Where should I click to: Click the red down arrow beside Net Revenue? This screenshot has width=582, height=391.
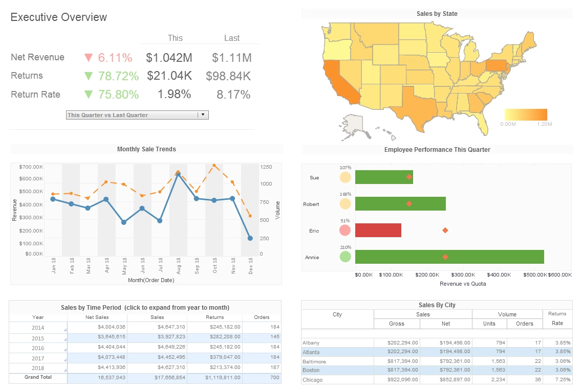(x=88, y=57)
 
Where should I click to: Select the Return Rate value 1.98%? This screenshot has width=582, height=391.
(x=174, y=94)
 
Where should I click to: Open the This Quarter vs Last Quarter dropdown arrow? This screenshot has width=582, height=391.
(x=203, y=115)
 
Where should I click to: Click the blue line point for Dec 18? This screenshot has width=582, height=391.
(x=250, y=238)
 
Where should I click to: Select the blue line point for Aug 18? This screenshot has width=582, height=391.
(x=178, y=175)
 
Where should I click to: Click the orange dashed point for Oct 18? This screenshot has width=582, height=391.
(x=214, y=166)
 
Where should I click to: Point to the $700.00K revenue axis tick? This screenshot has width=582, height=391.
(x=31, y=167)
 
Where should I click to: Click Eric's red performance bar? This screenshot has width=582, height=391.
(x=378, y=230)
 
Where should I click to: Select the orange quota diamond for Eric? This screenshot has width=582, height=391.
(x=445, y=231)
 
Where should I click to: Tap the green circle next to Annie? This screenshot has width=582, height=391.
(x=346, y=257)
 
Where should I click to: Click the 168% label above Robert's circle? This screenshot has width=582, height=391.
(x=345, y=194)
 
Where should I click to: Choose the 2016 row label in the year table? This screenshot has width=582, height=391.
(x=38, y=348)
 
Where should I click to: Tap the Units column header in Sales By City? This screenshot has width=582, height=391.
(x=489, y=324)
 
